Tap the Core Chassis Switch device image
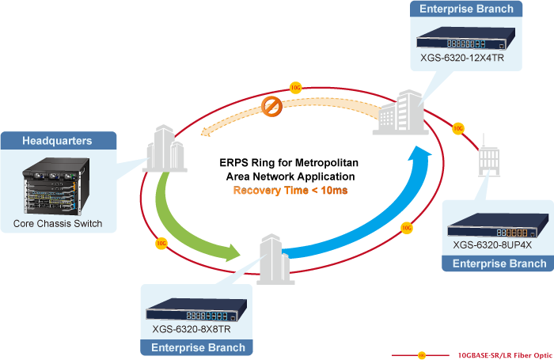(x=57, y=183)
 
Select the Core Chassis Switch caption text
(x=57, y=224)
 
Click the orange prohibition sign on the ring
(x=272, y=106)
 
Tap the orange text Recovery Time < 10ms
(x=290, y=191)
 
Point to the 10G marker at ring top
(x=295, y=88)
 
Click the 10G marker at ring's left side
(x=161, y=242)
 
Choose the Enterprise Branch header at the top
(x=466, y=9)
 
